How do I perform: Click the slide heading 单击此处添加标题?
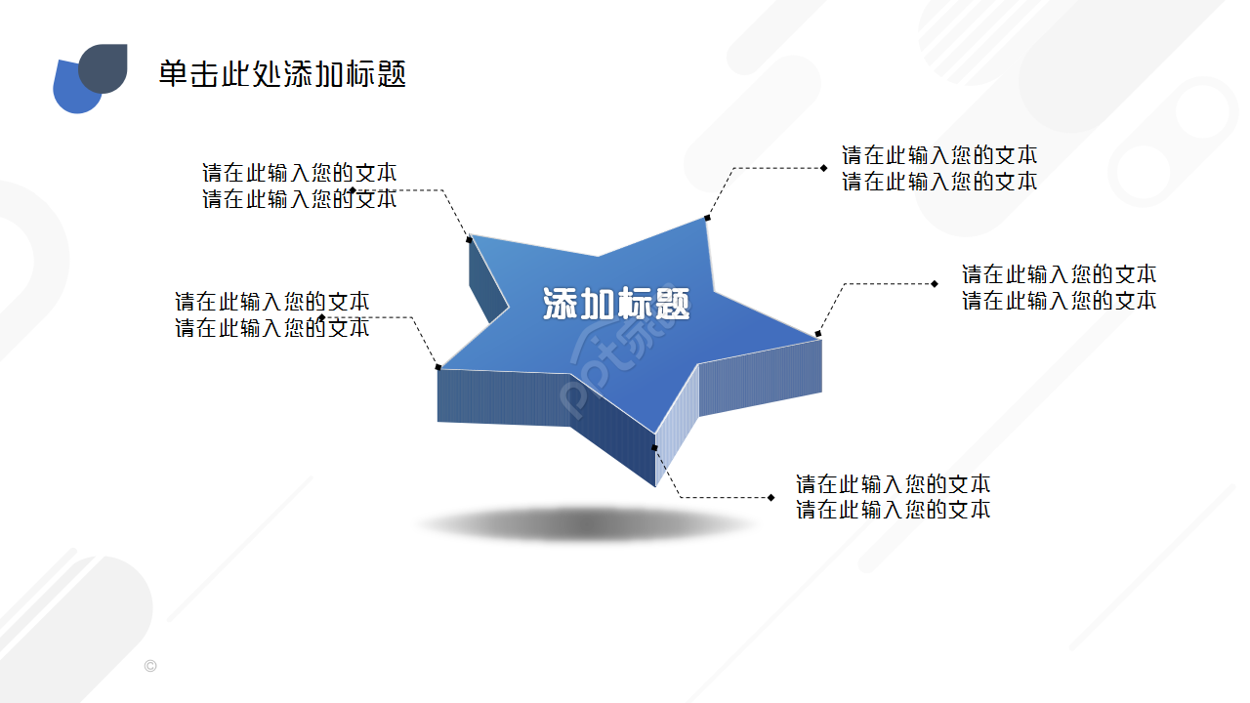282,74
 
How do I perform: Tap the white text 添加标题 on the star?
616,305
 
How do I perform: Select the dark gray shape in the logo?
106,66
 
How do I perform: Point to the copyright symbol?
149,666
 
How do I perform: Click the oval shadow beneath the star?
586,525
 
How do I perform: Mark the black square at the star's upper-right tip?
706,218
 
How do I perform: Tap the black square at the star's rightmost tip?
818,334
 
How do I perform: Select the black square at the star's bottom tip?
655,448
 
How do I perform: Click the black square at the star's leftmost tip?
438,367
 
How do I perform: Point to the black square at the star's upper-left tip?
469,238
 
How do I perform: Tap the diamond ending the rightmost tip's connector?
935,283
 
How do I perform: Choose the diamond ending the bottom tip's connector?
771,497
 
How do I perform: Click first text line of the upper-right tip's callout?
939,155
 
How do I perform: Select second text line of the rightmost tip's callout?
1059,301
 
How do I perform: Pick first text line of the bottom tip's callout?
893,484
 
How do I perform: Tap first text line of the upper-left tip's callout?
299,173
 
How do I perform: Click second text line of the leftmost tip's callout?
271,328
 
